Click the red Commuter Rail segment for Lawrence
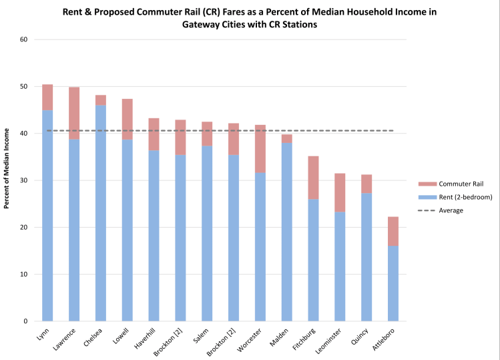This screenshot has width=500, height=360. (x=74, y=113)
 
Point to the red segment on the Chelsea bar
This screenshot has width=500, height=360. (x=101, y=100)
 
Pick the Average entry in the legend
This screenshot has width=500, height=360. (x=451, y=210)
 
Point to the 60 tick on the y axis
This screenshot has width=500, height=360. (x=24, y=39)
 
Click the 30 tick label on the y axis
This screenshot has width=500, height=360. (x=24, y=180)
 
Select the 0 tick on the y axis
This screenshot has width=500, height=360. (x=26, y=321)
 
